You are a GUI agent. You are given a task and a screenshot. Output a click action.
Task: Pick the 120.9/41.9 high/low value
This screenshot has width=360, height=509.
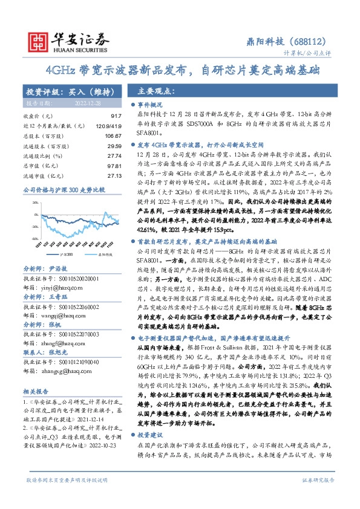point(108,125)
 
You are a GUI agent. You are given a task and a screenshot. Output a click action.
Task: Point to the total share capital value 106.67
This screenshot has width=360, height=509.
point(111,135)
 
